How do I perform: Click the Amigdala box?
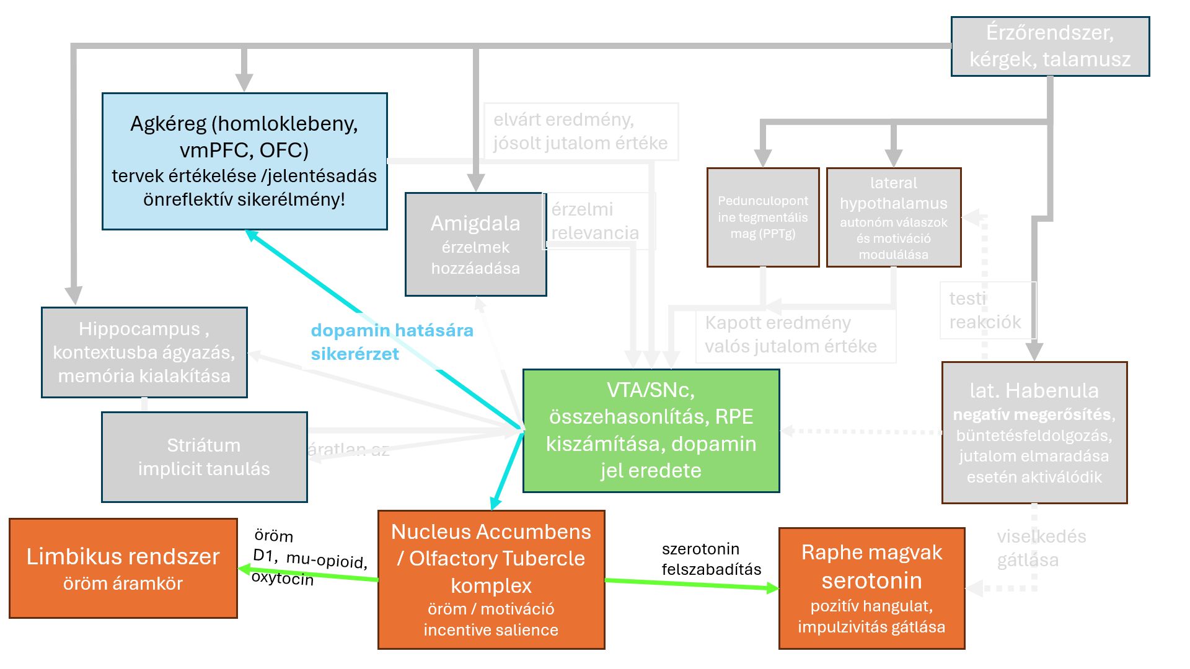tap(475, 245)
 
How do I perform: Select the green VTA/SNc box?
tap(651, 431)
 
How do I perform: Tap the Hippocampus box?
tap(144, 352)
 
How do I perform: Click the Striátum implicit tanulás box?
tap(204, 457)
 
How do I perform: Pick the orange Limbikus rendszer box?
tap(123, 568)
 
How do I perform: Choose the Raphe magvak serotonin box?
tap(871, 588)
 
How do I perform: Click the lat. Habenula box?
tap(1034, 432)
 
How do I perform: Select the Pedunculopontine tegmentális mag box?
tap(762, 217)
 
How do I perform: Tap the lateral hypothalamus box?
tap(893, 217)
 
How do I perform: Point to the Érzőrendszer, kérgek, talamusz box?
tap(1050, 46)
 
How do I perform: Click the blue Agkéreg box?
tap(244, 161)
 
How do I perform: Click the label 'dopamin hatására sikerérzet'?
tap(392, 342)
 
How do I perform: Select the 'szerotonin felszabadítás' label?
tap(711, 559)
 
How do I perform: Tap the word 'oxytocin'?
tap(283, 578)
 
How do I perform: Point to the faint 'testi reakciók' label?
tap(985, 310)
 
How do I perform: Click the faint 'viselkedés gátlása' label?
tap(1041, 548)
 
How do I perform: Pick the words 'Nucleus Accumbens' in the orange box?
tap(491, 531)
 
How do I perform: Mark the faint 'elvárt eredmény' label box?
tap(580, 131)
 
